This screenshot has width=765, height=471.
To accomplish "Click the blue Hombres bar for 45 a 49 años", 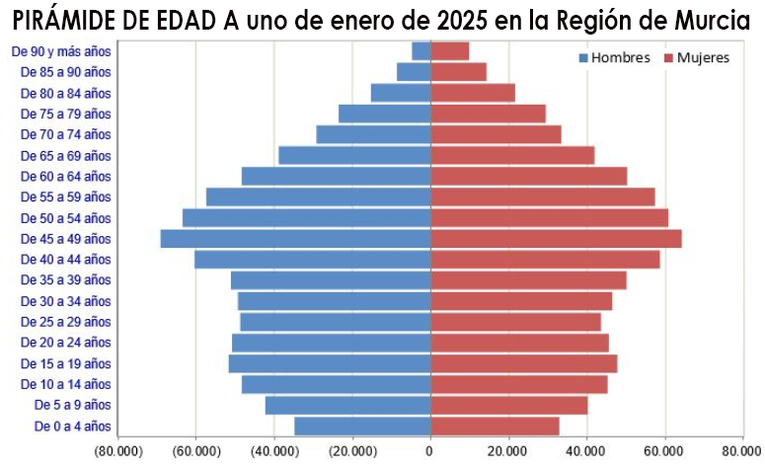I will [295, 239].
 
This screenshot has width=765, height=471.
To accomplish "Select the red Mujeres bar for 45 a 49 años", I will [556, 239].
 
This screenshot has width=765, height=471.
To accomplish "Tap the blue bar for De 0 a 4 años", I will [361, 427].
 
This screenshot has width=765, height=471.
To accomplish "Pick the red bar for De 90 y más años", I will [450, 51].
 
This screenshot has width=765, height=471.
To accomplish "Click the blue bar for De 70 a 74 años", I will [373, 134].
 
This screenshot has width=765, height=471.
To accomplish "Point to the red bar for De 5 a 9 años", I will [508, 406].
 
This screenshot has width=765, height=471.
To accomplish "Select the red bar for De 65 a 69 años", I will [512, 156].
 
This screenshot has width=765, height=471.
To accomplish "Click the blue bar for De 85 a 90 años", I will [414, 72].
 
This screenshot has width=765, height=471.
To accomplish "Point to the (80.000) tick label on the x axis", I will [116, 452].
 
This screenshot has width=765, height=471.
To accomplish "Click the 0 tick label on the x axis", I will [430, 452].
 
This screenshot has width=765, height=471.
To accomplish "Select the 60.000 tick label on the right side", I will [664, 452].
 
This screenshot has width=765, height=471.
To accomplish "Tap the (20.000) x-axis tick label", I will [351, 452].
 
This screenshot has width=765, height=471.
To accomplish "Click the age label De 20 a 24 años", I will [66, 343].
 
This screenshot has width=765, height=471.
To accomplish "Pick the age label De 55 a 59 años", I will [66, 197].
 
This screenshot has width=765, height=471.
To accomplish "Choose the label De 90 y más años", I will [61, 51].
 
